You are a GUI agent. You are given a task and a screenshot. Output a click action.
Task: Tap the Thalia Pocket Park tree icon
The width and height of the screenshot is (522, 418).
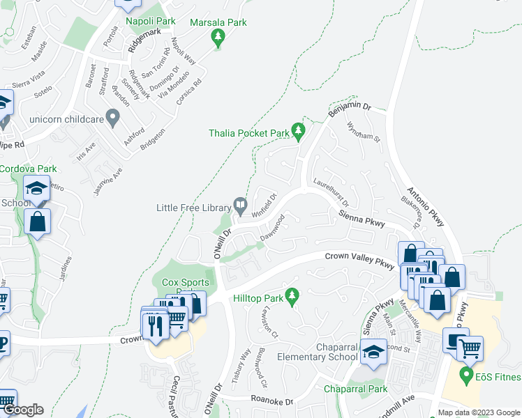299,130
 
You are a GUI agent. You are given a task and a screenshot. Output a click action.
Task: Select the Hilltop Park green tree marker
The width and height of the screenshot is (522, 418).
293,295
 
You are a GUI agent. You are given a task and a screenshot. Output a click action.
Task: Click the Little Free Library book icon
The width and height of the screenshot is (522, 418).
241,205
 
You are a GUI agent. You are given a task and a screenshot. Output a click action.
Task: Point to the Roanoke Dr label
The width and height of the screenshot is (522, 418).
273,401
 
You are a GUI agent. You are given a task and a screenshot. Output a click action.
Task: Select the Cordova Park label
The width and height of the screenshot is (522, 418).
28,169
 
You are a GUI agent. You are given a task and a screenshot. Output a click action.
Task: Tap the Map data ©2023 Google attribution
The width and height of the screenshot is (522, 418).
479,412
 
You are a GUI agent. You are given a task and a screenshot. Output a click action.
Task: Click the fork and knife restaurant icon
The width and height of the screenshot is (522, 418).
154,326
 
